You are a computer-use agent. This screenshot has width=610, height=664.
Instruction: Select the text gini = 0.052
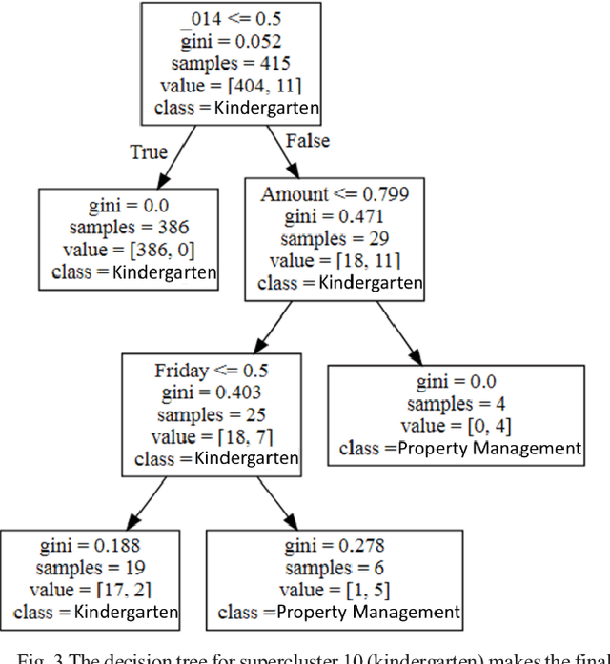point(230,42)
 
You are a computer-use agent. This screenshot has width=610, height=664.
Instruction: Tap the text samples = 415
point(230,64)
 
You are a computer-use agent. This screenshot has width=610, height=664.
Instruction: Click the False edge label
point(306,141)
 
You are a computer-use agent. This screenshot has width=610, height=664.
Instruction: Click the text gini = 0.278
point(334,546)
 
